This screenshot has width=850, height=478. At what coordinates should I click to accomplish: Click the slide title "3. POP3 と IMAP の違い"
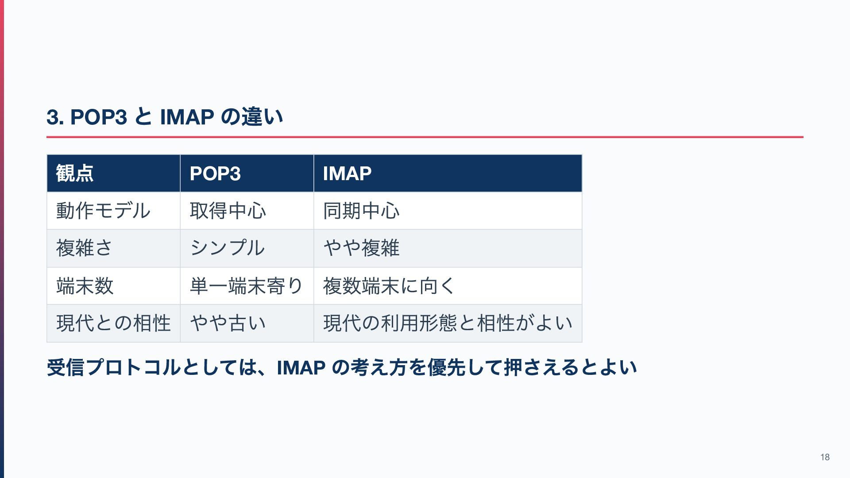pos(165,117)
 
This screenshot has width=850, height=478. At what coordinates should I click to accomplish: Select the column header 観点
pos(75,173)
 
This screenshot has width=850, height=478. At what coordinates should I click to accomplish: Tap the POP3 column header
pos(215,173)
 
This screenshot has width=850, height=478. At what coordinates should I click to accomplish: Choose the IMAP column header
pos(347,173)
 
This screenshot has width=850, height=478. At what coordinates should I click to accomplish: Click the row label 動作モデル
pos(103,211)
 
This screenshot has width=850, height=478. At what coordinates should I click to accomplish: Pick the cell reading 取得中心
pos(228,211)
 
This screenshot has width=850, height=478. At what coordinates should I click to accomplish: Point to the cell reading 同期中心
pos(361,211)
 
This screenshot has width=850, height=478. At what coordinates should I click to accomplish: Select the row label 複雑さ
pos(84,248)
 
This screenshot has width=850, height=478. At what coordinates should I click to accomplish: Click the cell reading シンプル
pos(227,248)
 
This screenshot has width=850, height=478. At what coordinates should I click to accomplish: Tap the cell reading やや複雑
pos(361,248)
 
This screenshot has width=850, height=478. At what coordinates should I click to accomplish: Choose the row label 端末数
pos(85,286)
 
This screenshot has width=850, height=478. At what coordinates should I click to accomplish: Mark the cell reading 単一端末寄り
pos(246,286)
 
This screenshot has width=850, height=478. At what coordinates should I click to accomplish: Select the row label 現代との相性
pos(113,323)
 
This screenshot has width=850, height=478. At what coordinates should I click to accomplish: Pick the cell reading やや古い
pos(228,323)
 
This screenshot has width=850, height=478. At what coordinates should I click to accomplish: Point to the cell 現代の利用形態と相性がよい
pos(448,323)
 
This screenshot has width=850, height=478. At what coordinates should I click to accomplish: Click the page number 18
pos(825,457)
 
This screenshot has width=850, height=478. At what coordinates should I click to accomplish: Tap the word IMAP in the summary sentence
pos(301,368)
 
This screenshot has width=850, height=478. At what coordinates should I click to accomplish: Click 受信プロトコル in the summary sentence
pos(114,368)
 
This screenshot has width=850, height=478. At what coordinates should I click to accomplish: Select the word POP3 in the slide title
pos(98,117)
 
